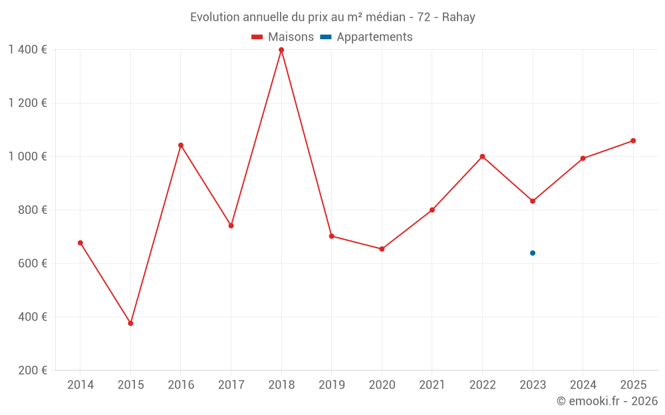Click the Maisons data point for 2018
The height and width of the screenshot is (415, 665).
(x=281, y=50)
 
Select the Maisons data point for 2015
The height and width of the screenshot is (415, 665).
(x=130, y=323)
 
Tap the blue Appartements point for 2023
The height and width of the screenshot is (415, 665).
(x=533, y=253)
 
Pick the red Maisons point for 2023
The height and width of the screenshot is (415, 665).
(x=533, y=201)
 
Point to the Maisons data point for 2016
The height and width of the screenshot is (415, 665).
(x=181, y=145)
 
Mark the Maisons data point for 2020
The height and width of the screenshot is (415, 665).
(x=382, y=249)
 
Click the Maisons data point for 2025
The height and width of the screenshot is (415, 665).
(x=633, y=141)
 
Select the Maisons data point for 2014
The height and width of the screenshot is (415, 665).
(x=80, y=243)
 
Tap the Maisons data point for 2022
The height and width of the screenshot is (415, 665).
(x=482, y=157)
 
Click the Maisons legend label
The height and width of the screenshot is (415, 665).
(x=291, y=37)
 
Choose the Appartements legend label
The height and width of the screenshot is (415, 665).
(x=374, y=37)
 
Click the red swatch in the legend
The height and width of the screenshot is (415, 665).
(x=257, y=37)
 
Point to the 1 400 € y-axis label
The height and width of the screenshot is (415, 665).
(x=27, y=50)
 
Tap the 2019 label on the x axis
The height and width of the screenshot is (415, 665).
(x=331, y=385)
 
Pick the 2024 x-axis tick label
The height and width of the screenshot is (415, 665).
(x=583, y=385)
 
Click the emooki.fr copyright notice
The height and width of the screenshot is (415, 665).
(x=606, y=401)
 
